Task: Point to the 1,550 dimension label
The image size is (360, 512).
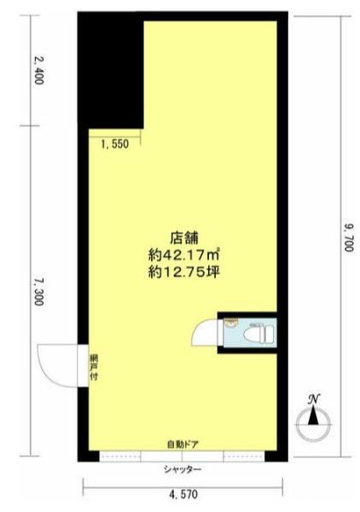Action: click(113, 145)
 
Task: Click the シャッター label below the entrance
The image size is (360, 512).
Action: click(183, 470)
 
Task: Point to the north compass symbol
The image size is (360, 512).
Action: click(314, 419)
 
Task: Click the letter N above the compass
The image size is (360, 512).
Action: click(314, 398)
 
